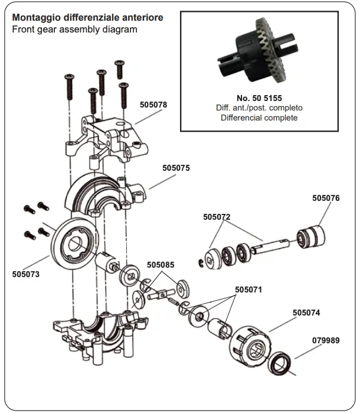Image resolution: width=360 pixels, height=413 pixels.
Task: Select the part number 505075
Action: pos(176,168)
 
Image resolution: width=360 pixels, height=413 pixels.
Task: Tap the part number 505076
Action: pos(326,199)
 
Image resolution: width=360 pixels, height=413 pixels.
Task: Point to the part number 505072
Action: pos(217,217)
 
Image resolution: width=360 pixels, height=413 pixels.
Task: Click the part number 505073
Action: pos(25,274)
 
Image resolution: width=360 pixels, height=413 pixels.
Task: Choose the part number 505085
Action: pos(161,265)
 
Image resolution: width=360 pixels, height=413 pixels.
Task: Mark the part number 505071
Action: pos(248,290)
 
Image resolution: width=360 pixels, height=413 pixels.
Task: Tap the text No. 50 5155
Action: pos(259,97)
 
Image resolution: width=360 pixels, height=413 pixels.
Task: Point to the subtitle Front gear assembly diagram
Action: pos(74,29)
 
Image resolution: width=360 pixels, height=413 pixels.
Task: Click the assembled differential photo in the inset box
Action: pos(259,54)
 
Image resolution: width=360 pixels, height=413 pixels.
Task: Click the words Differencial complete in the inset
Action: pos(259,118)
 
